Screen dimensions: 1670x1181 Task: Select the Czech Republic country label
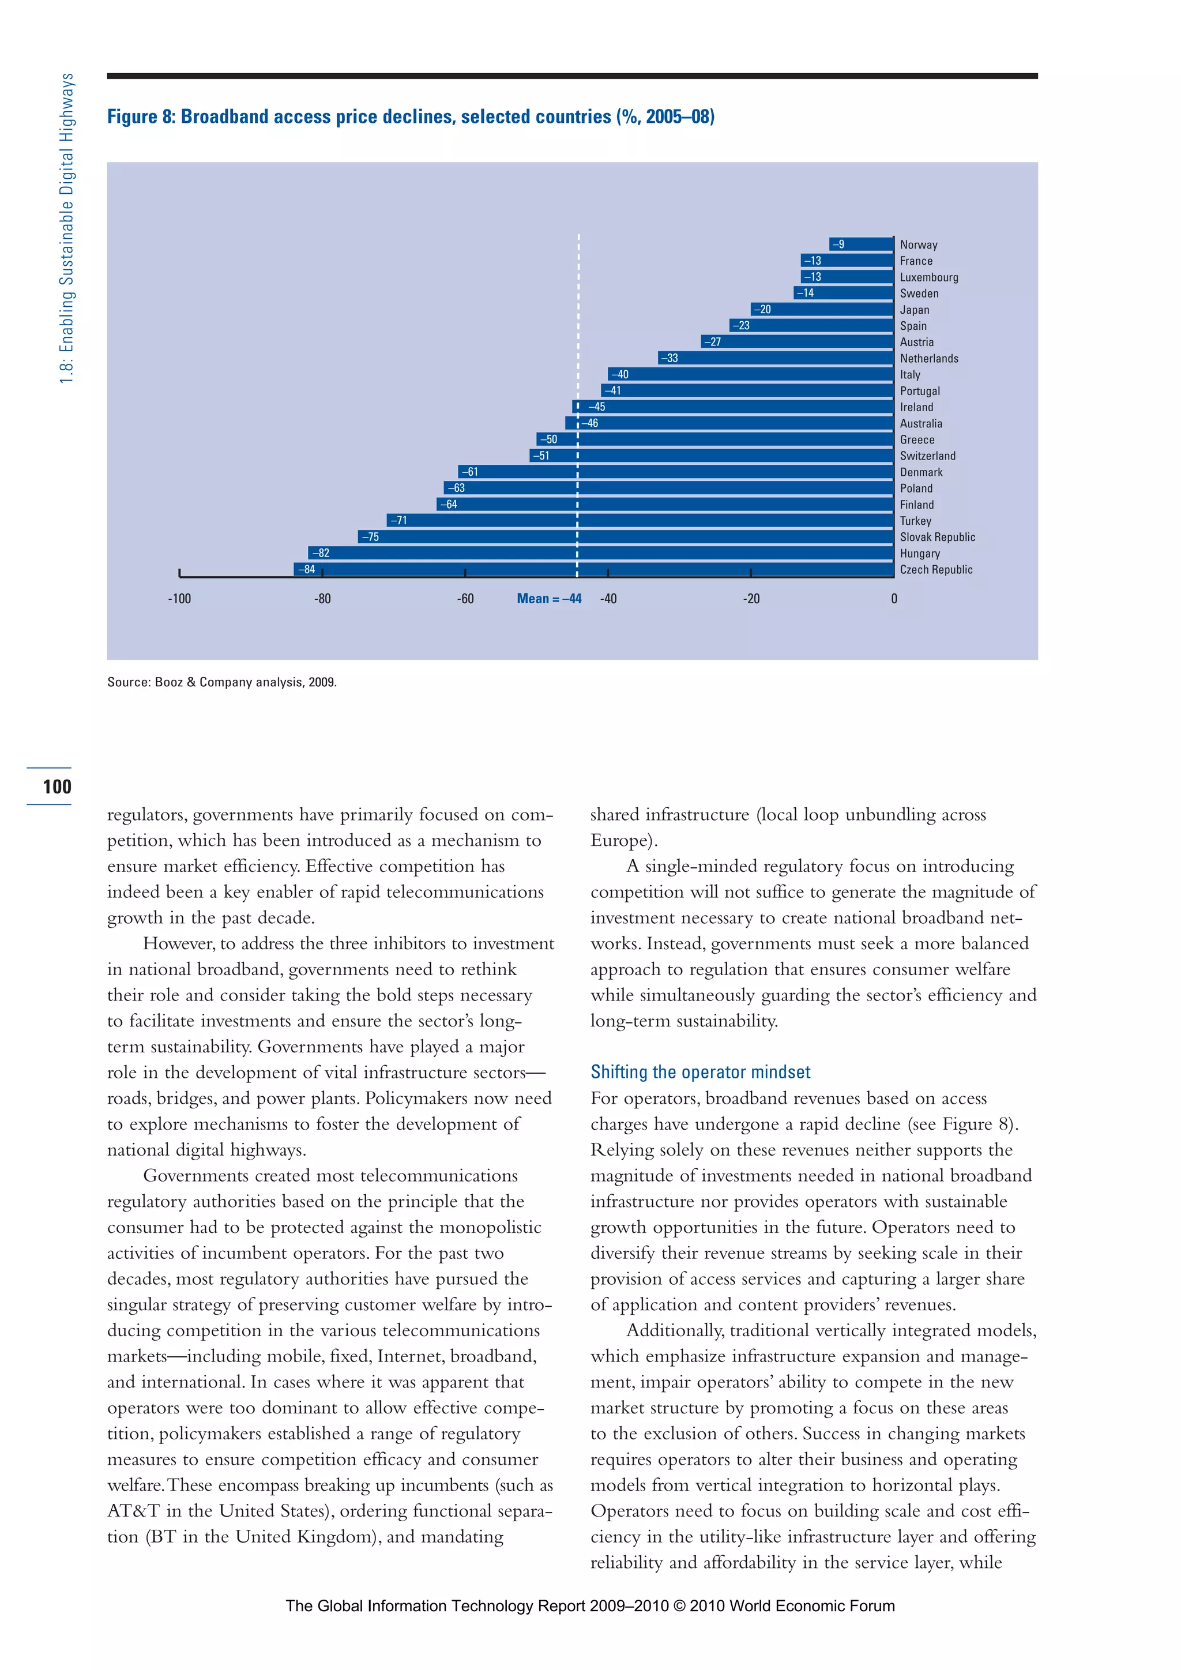tap(935, 570)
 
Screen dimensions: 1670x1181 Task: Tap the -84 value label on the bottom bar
tap(306, 570)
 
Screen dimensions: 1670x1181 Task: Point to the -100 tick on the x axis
tap(179, 599)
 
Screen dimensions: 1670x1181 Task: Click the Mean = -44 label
tap(548, 599)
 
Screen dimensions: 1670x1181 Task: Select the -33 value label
tap(670, 358)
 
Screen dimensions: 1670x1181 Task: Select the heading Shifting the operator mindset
tap(699, 1071)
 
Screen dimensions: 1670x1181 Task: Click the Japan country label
tap(914, 310)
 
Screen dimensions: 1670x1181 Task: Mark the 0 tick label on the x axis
tap(894, 599)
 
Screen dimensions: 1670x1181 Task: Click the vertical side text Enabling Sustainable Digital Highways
tap(67, 229)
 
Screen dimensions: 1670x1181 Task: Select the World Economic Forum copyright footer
tap(590, 1606)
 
